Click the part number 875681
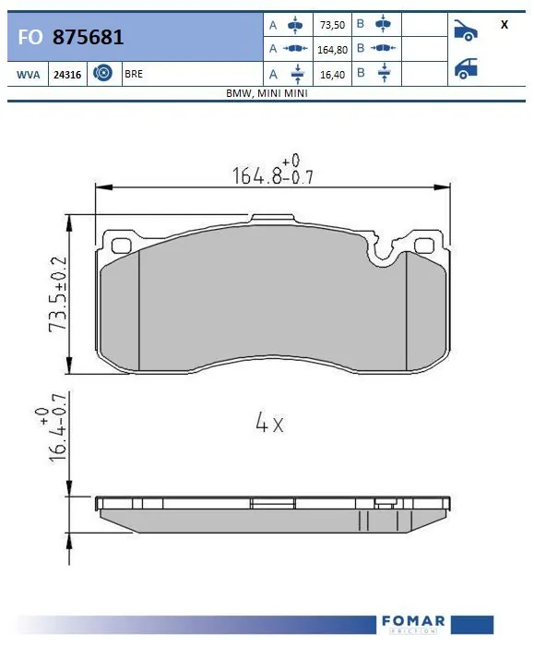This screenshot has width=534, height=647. tap(89, 37)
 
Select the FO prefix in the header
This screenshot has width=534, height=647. tap(29, 38)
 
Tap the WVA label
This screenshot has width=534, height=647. tap(27, 75)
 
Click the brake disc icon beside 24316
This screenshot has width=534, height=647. tap(102, 74)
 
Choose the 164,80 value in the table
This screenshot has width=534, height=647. tap(331, 48)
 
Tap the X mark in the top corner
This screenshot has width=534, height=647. tap(504, 25)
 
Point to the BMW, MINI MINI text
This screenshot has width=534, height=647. tap(267, 94)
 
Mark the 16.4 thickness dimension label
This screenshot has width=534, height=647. tap(55, 435)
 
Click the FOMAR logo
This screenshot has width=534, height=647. tap(412, 622)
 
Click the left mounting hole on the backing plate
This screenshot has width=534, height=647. tap(119, 245)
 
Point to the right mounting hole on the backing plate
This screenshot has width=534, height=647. tap(424, 245)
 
